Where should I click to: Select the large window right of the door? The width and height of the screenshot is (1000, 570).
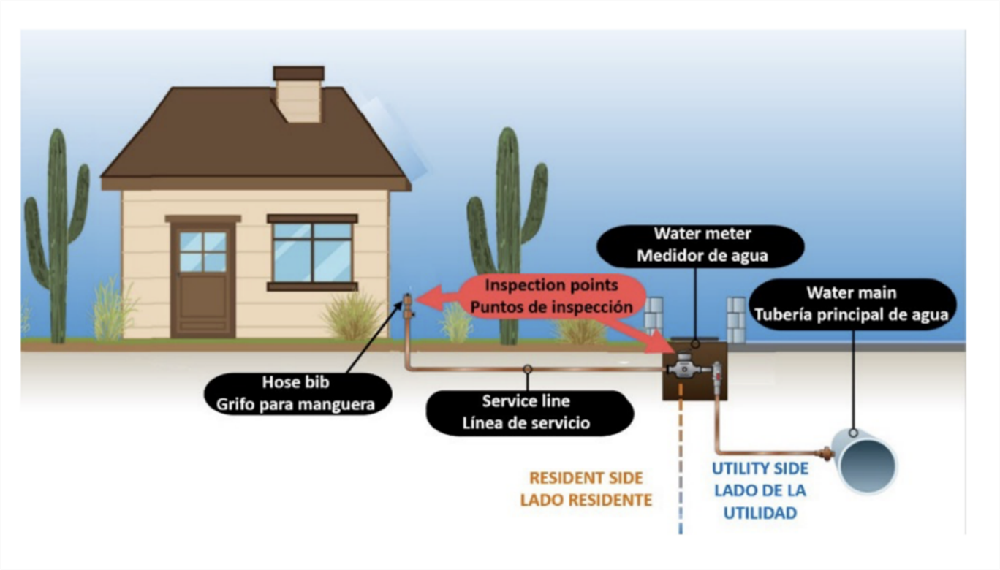312,251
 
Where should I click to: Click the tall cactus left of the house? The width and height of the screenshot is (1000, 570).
57,234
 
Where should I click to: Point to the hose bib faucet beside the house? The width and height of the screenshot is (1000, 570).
408,306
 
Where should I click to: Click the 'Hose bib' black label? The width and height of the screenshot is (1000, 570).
296,393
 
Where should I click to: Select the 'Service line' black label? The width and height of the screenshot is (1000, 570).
526,412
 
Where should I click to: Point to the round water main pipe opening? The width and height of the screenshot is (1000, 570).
868,463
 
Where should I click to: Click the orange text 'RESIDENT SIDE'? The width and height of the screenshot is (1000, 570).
586,478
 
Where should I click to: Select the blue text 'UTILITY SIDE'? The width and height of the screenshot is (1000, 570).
760,468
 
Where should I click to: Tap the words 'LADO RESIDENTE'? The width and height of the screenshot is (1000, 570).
586,501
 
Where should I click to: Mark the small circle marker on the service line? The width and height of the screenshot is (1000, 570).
527,369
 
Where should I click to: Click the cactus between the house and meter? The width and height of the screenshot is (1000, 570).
507,234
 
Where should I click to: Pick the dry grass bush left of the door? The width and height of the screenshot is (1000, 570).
113,311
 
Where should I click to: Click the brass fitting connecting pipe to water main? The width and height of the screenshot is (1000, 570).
827,454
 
